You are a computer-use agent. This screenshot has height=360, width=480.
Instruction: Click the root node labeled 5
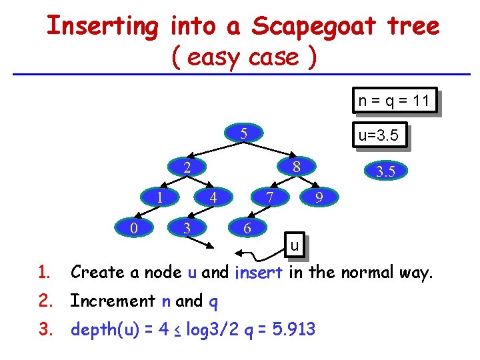(x=244, y=133)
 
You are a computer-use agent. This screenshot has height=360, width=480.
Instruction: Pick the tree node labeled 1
(x=159, y=197)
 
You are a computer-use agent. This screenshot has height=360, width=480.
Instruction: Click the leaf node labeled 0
(x=133, y=228)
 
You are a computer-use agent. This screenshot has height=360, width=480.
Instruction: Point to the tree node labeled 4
(x=213, y=198)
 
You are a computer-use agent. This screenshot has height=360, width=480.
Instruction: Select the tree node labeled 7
(x=269, y=197)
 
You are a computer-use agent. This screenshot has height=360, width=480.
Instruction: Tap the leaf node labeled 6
(x=247, y=228)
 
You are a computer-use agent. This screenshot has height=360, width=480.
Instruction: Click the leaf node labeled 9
(x=320, y=198)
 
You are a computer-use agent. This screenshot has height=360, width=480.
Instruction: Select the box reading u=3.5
(x=378, y=137)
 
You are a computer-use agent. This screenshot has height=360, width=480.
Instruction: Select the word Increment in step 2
(x=113, y=301)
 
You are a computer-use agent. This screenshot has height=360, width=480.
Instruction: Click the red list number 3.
(x=44, y=330)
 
